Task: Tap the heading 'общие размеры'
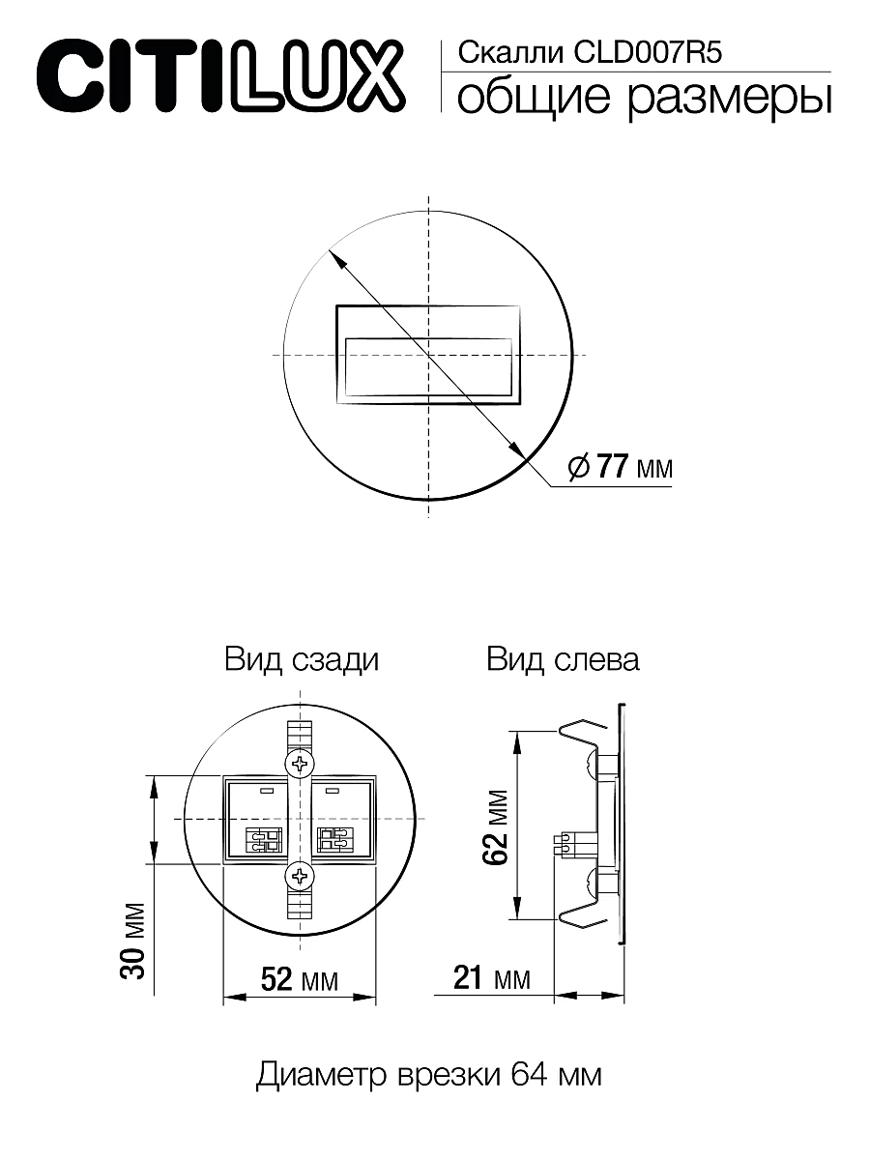pos(643,100)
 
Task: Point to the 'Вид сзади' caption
pos(302,660)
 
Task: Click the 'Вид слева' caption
pos(563,660)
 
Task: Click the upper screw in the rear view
pos(301,764)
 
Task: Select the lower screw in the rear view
pos(301,876)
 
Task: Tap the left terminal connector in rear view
pos(264,838)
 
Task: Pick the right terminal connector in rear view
pos(336,838)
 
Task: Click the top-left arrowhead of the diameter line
pos(334,255)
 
